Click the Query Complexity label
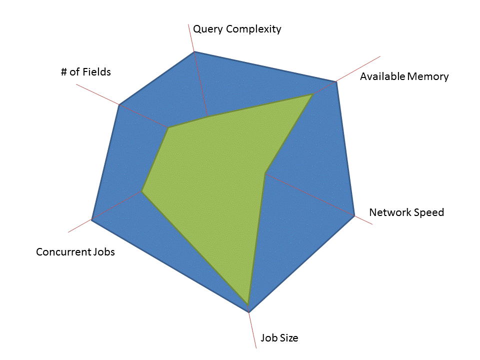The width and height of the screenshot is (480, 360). click(237, 29)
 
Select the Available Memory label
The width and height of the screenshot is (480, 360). click(404, 76)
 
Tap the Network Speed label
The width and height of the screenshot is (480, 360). click(406, 212)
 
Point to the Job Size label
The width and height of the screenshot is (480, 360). click(279, 338)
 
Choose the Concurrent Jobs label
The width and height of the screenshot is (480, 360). click(75, 252)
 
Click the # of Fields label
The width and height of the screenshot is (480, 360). click(86, 72)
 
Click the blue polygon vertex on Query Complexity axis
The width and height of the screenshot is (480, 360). click(194, 51)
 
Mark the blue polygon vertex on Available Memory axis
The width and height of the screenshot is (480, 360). click(336, 81)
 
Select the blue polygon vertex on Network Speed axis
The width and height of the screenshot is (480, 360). click(354, 216)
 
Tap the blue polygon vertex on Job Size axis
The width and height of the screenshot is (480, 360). click(249, 312)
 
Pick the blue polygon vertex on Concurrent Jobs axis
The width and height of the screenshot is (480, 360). click(91, 219)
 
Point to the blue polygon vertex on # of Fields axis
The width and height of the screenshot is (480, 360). click(119, 105)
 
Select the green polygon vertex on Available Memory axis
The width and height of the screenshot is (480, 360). click(312, 94)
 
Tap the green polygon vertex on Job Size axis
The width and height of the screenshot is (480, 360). click(247, 303)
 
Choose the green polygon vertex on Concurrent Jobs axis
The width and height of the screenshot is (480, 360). click(142, 191)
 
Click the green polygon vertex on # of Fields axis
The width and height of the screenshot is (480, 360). click(168, 128)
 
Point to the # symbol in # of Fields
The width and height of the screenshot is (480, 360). click(64, 72)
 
